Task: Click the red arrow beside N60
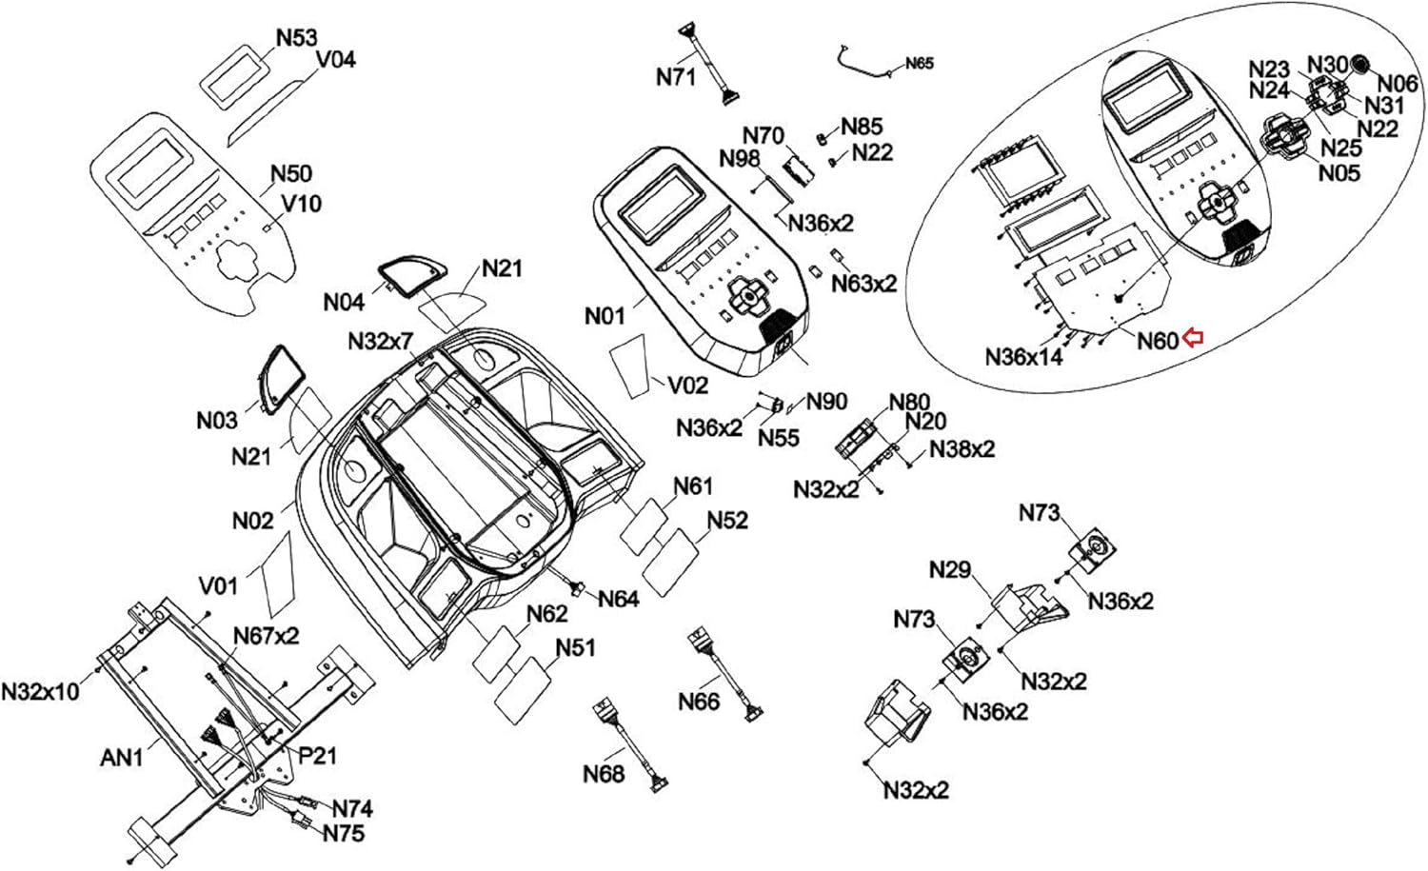click(1194, 337)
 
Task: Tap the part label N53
click(296, 38)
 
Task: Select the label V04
click(335, 60)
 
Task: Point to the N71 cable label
click(676, 76)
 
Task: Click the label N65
click(920, 63)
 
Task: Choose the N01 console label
click(605, 314)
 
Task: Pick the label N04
click(344, 303)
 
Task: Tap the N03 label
click(217, 420)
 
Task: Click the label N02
click(252, 521)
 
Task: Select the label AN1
click(122, 758)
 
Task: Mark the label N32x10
click(41, 691)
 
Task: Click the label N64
click(618, 599)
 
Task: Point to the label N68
click(604, 774)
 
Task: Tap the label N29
click(949, 570)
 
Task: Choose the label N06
click(1398, 84)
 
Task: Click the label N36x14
click(1023, 357)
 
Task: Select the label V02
click(687, 385)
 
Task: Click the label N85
click(862, 127)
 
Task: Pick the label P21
click(317, 756)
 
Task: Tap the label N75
click(343, 833)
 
